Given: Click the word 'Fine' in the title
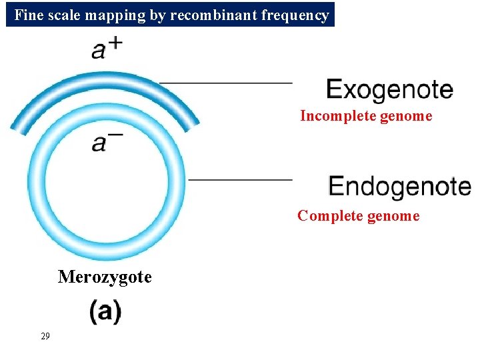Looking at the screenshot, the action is click(x=27, y=15).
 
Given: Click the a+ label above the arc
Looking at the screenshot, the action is click(x=105, y=49).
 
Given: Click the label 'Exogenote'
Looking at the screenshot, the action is click(x=389, y=90).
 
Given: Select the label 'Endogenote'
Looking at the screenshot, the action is click(x=399, y=186).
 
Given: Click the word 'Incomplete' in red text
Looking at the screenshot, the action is click(x=337, y=116).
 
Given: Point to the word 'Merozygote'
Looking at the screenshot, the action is click(x=105, y=277).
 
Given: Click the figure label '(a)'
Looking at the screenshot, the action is click(x=105, y=312).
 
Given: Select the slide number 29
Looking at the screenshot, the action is click(x=45, y=336).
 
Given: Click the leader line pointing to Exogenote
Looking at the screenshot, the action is click(x=227, y=83).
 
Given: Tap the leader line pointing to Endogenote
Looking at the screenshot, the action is click(x=240, y=179).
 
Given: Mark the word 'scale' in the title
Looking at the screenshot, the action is click(x=64, y=15).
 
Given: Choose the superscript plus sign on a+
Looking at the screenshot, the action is click(x=115, y=43).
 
